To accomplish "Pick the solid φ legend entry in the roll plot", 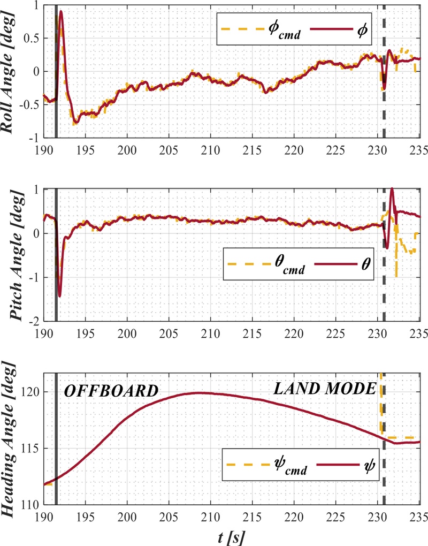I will coord(342,28).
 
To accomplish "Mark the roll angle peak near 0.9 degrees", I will coord(61,11).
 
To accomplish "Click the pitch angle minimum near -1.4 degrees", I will coord(59,295).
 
